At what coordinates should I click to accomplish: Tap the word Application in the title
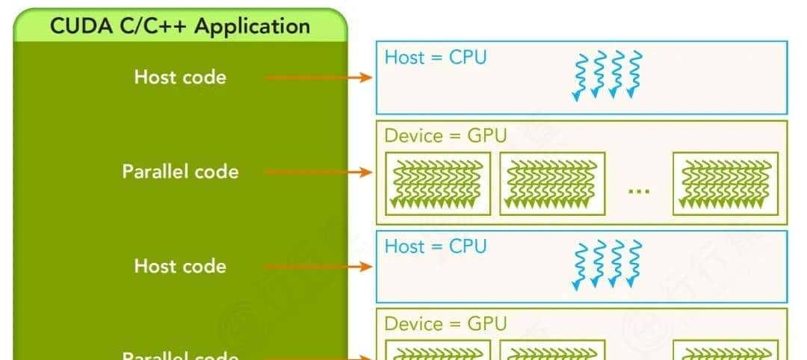click(253, 26)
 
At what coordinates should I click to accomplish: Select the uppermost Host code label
click(180, 77)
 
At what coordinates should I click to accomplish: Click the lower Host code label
click(180, 266)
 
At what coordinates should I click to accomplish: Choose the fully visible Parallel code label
click(180, 171)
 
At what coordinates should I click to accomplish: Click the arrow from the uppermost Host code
click(318, 77)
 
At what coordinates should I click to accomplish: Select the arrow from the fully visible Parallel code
click(318, 171)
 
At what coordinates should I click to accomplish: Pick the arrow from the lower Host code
click(318, 266)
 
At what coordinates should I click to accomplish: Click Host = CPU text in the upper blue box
click(435, 57)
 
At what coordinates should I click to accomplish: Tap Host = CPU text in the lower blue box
click(435, 246)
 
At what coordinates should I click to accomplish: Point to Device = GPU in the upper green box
click(445, 136)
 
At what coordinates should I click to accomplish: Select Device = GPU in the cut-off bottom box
click(445, 323)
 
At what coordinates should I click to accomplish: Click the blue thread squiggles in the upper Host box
click(605, 75)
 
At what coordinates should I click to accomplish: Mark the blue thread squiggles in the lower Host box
click(605, 264)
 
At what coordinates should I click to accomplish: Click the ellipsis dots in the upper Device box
click(639, 190)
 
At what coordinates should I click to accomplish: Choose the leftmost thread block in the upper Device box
click(437, 183)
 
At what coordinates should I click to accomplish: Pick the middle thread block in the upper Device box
click(552, 183)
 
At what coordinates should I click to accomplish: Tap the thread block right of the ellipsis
click(726, 183)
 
